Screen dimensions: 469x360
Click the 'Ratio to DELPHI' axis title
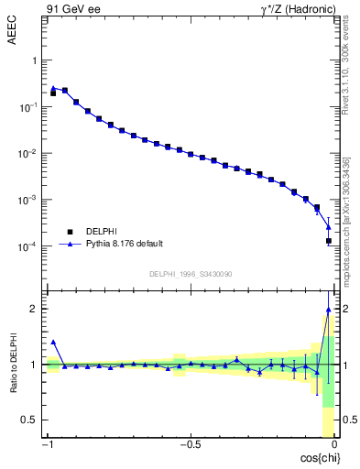[12, 364]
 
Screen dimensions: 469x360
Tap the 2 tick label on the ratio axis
[34, 309]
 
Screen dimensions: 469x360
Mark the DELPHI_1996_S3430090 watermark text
[190, 274]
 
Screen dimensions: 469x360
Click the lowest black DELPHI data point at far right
[329, 241]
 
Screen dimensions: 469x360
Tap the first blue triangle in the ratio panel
[53, 342]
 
